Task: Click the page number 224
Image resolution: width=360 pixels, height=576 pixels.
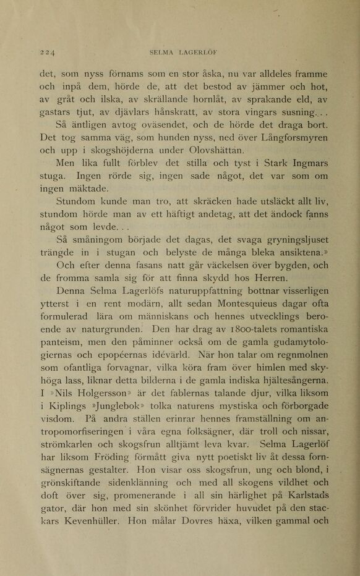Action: point(46,53)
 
